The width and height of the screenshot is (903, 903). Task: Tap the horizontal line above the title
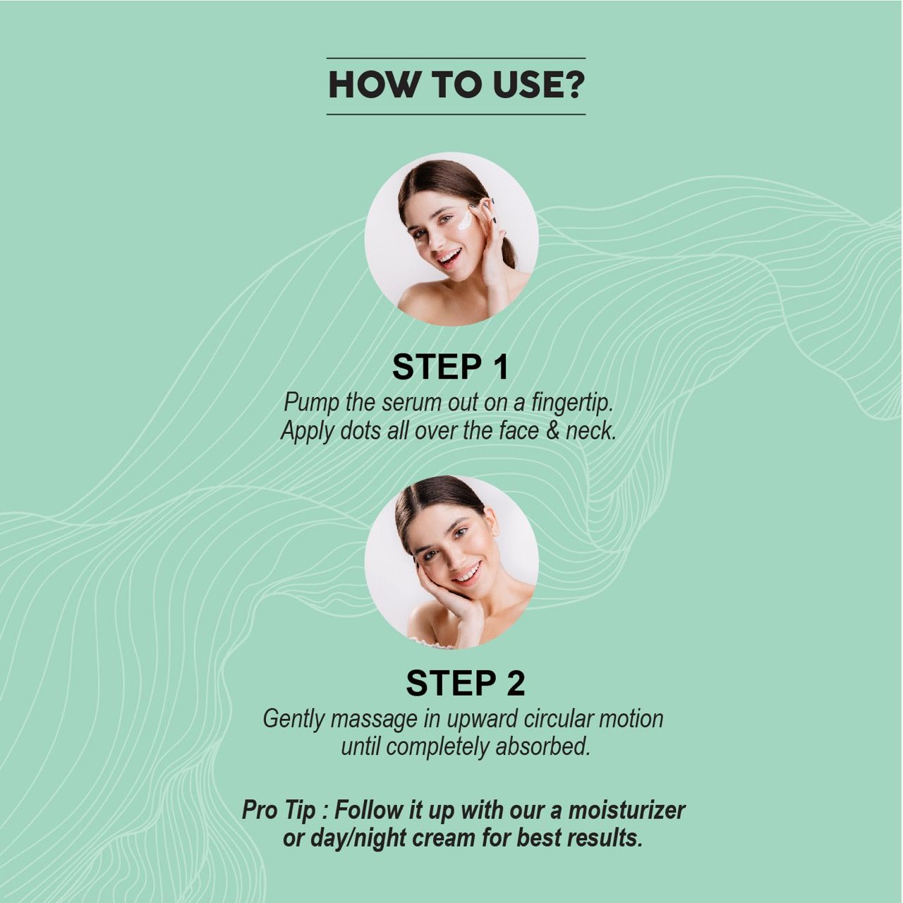456,58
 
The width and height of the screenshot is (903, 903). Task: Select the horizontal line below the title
456,114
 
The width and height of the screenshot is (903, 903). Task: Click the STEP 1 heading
450,367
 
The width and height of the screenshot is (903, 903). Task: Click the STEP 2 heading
465,683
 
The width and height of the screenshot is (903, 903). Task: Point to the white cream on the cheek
466,220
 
